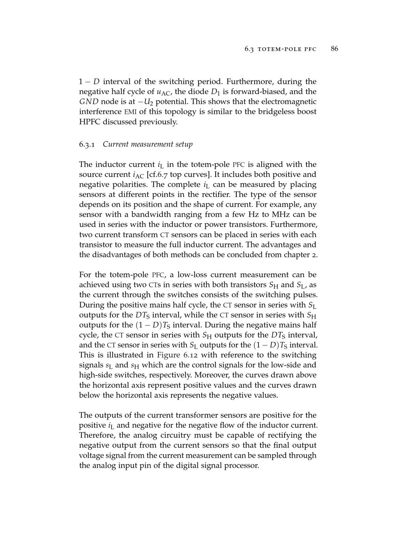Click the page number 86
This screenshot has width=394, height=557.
coord(335,49)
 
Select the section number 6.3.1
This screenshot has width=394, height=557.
coord(87,144)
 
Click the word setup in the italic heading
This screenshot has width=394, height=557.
coord(183,145)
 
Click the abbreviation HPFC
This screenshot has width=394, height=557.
coord(90,122)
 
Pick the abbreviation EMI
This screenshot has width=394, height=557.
coord(130,112)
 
